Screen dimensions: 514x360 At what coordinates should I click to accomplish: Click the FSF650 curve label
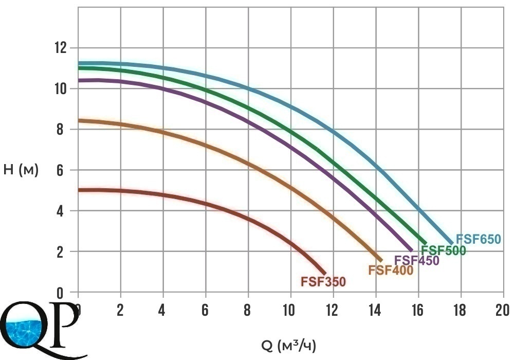pyautogui.click(x=478, y=239)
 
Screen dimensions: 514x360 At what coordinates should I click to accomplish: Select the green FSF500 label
pyautogui.click(x=443, y=250)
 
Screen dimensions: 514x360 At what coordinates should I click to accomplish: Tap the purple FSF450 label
pyautogui.click(x=417, y=260)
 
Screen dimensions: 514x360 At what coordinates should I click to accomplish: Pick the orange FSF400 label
pyautogui.click(x=391, y=270)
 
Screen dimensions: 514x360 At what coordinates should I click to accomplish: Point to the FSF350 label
pyautogui.click(x=323, y=282)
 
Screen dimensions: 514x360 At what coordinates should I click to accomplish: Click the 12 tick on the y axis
pyautogui.click(x=60, y=48)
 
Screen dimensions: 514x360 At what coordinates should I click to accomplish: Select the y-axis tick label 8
pyautogui.click(x=60, y=129)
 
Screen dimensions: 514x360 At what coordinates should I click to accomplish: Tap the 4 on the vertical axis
pyautogui.click(x=60, y=210)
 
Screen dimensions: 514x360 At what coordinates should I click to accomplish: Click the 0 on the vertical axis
pyautogui.click(x=60, y=293)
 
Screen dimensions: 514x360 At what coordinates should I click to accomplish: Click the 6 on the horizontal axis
pyautogui.click(x=205, y=310)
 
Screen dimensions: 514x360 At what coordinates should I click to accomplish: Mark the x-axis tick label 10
pyautogui.click(x=289, y=310)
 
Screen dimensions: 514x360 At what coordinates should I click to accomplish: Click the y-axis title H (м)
pyautogui.click(x=21, y=170)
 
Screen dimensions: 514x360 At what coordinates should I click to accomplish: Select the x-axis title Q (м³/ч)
pyautogui.click(x=289, y=346)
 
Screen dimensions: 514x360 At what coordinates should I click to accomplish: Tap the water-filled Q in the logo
pyautogui.click(x=25, y=325)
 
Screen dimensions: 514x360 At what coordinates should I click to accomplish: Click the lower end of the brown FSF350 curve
pyautogui.click(x=325, y=274)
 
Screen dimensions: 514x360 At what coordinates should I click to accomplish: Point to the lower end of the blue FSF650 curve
pyautogui.click(x=452, y=243)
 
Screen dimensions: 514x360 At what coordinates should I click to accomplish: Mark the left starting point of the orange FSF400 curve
pyautogui.click(x=79, y=121)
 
